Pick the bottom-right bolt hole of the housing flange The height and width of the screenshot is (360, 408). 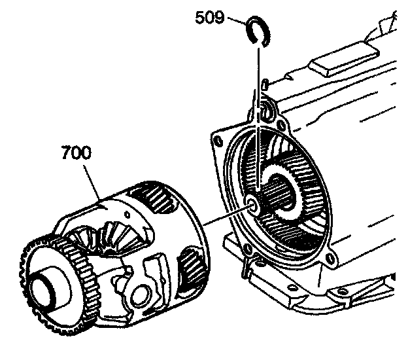click(x=329, y=265)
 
